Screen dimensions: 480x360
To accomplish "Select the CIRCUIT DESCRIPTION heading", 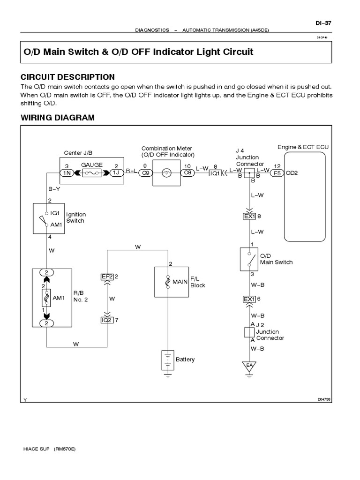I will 67,77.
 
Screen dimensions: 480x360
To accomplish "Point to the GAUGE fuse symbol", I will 90,173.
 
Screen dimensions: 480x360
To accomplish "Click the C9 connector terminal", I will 145,173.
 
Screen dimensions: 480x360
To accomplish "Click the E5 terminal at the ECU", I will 277,173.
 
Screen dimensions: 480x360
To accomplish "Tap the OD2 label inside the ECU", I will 292,173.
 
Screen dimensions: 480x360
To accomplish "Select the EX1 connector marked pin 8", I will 248,216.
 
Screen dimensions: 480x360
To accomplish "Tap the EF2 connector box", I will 107,277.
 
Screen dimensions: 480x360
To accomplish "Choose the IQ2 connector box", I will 107,320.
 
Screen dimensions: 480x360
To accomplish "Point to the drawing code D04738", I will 324,399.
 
